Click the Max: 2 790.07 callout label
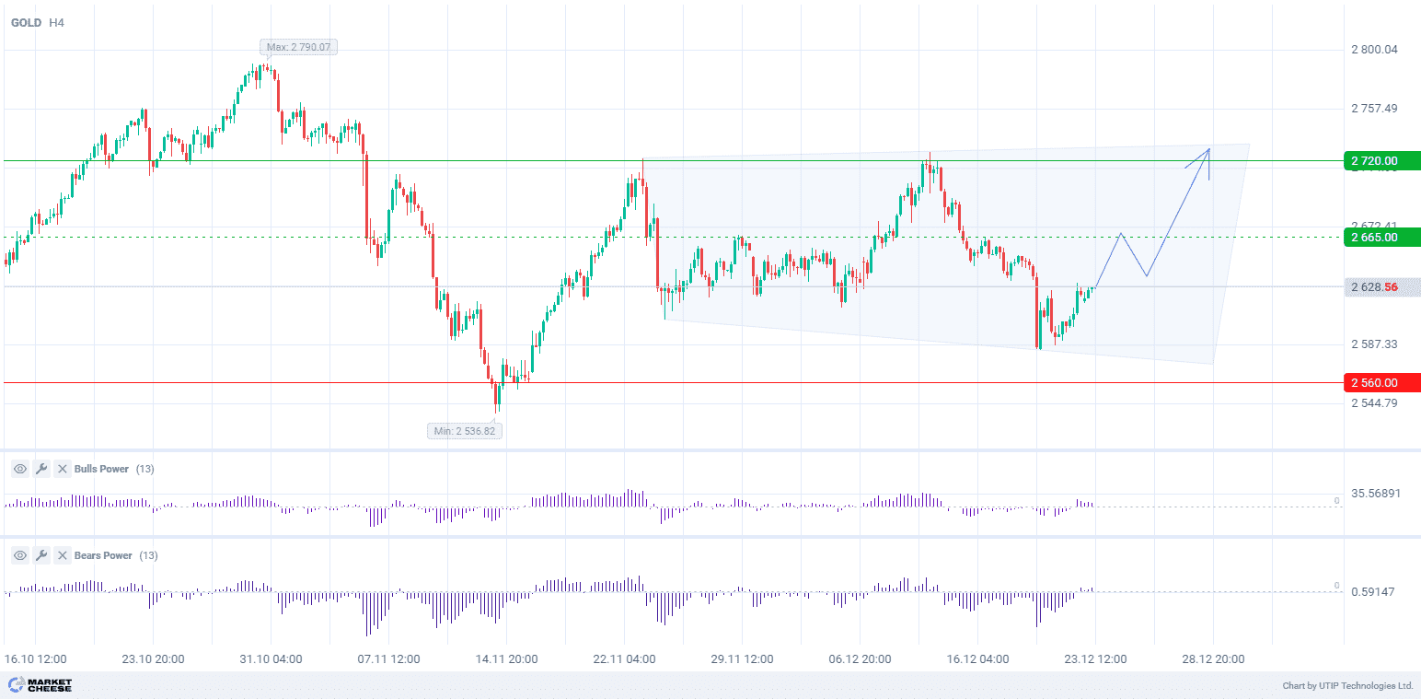298,46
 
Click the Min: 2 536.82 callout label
466,430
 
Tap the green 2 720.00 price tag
1381,161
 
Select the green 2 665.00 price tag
1381,237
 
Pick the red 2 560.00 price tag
1381,382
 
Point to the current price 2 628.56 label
1381,287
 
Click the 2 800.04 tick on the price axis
1374,50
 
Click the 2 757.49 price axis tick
1374,109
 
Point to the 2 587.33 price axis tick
1374,344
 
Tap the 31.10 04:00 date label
271,659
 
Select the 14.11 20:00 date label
506,659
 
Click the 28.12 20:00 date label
1213,659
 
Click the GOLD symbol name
26,22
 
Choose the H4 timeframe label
58,22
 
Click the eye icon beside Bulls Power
19,469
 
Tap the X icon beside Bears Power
62,555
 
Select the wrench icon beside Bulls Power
40,469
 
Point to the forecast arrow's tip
1208,148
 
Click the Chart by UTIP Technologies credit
1347,686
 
